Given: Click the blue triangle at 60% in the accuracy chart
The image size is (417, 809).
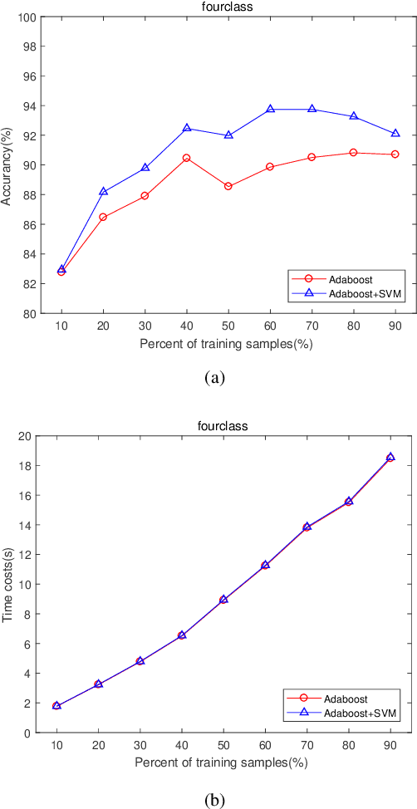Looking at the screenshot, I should [271, 109].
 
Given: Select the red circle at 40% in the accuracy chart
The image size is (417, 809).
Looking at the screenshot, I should [187, 158].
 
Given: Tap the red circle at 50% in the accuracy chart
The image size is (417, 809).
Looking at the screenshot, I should [228, 186].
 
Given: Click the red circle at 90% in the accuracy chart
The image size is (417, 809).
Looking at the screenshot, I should [395, 154].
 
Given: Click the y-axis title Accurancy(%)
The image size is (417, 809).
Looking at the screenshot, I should [7, 165].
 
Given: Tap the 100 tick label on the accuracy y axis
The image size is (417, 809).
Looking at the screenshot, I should [25, 17].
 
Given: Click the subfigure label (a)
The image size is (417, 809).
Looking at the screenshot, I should [214, 378].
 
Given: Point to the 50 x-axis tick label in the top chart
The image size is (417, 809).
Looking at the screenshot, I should [228, 327].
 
